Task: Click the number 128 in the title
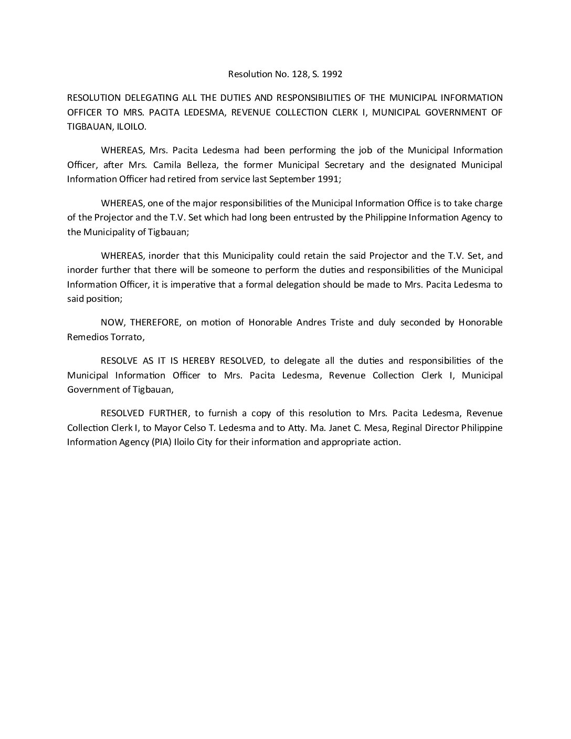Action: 297,74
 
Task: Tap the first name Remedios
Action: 86,337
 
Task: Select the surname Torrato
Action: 125,337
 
